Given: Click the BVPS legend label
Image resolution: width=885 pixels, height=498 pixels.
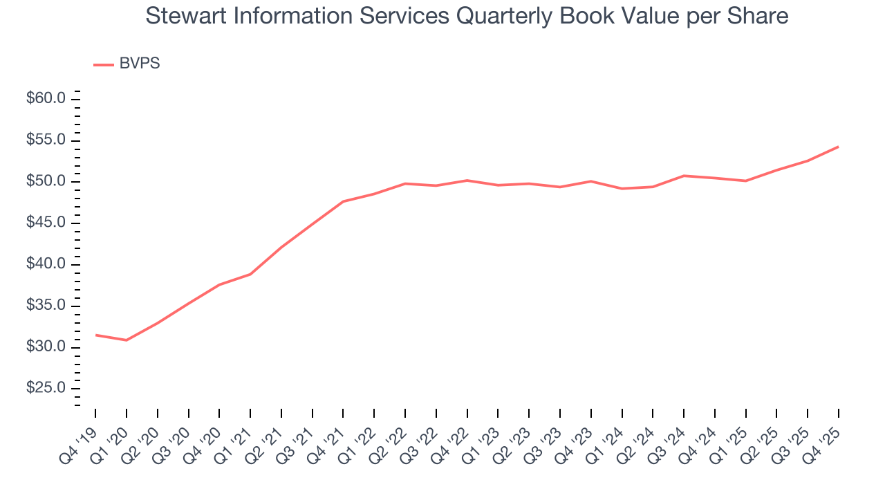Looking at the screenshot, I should tap(140, 64).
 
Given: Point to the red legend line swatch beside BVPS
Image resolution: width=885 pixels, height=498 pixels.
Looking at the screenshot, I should tap(104, 64).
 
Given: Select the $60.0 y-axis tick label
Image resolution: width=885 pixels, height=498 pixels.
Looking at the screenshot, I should tap(46, 99).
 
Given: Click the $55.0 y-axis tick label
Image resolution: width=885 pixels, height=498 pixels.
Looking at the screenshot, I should tap(46, 140).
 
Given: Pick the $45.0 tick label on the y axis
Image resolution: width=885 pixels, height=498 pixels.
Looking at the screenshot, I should tap(46, 223).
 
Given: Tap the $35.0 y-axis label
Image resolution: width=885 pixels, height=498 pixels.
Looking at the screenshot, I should tap(46, 306).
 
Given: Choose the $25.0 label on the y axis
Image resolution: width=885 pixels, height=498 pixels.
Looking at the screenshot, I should tap(46, 389).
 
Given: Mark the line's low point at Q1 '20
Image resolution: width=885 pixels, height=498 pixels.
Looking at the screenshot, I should tap(127, 340).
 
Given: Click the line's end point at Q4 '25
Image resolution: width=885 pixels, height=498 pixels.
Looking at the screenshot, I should tap(839, 147).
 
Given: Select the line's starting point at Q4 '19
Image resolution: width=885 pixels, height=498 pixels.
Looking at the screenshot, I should tap(95, 335).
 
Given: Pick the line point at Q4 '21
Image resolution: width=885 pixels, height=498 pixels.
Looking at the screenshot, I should tap(343, 201).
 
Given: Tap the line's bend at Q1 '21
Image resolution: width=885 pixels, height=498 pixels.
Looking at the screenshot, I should tap(250, 274).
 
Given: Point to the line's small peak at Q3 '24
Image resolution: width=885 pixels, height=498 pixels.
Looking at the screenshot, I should tap(684, 176).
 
